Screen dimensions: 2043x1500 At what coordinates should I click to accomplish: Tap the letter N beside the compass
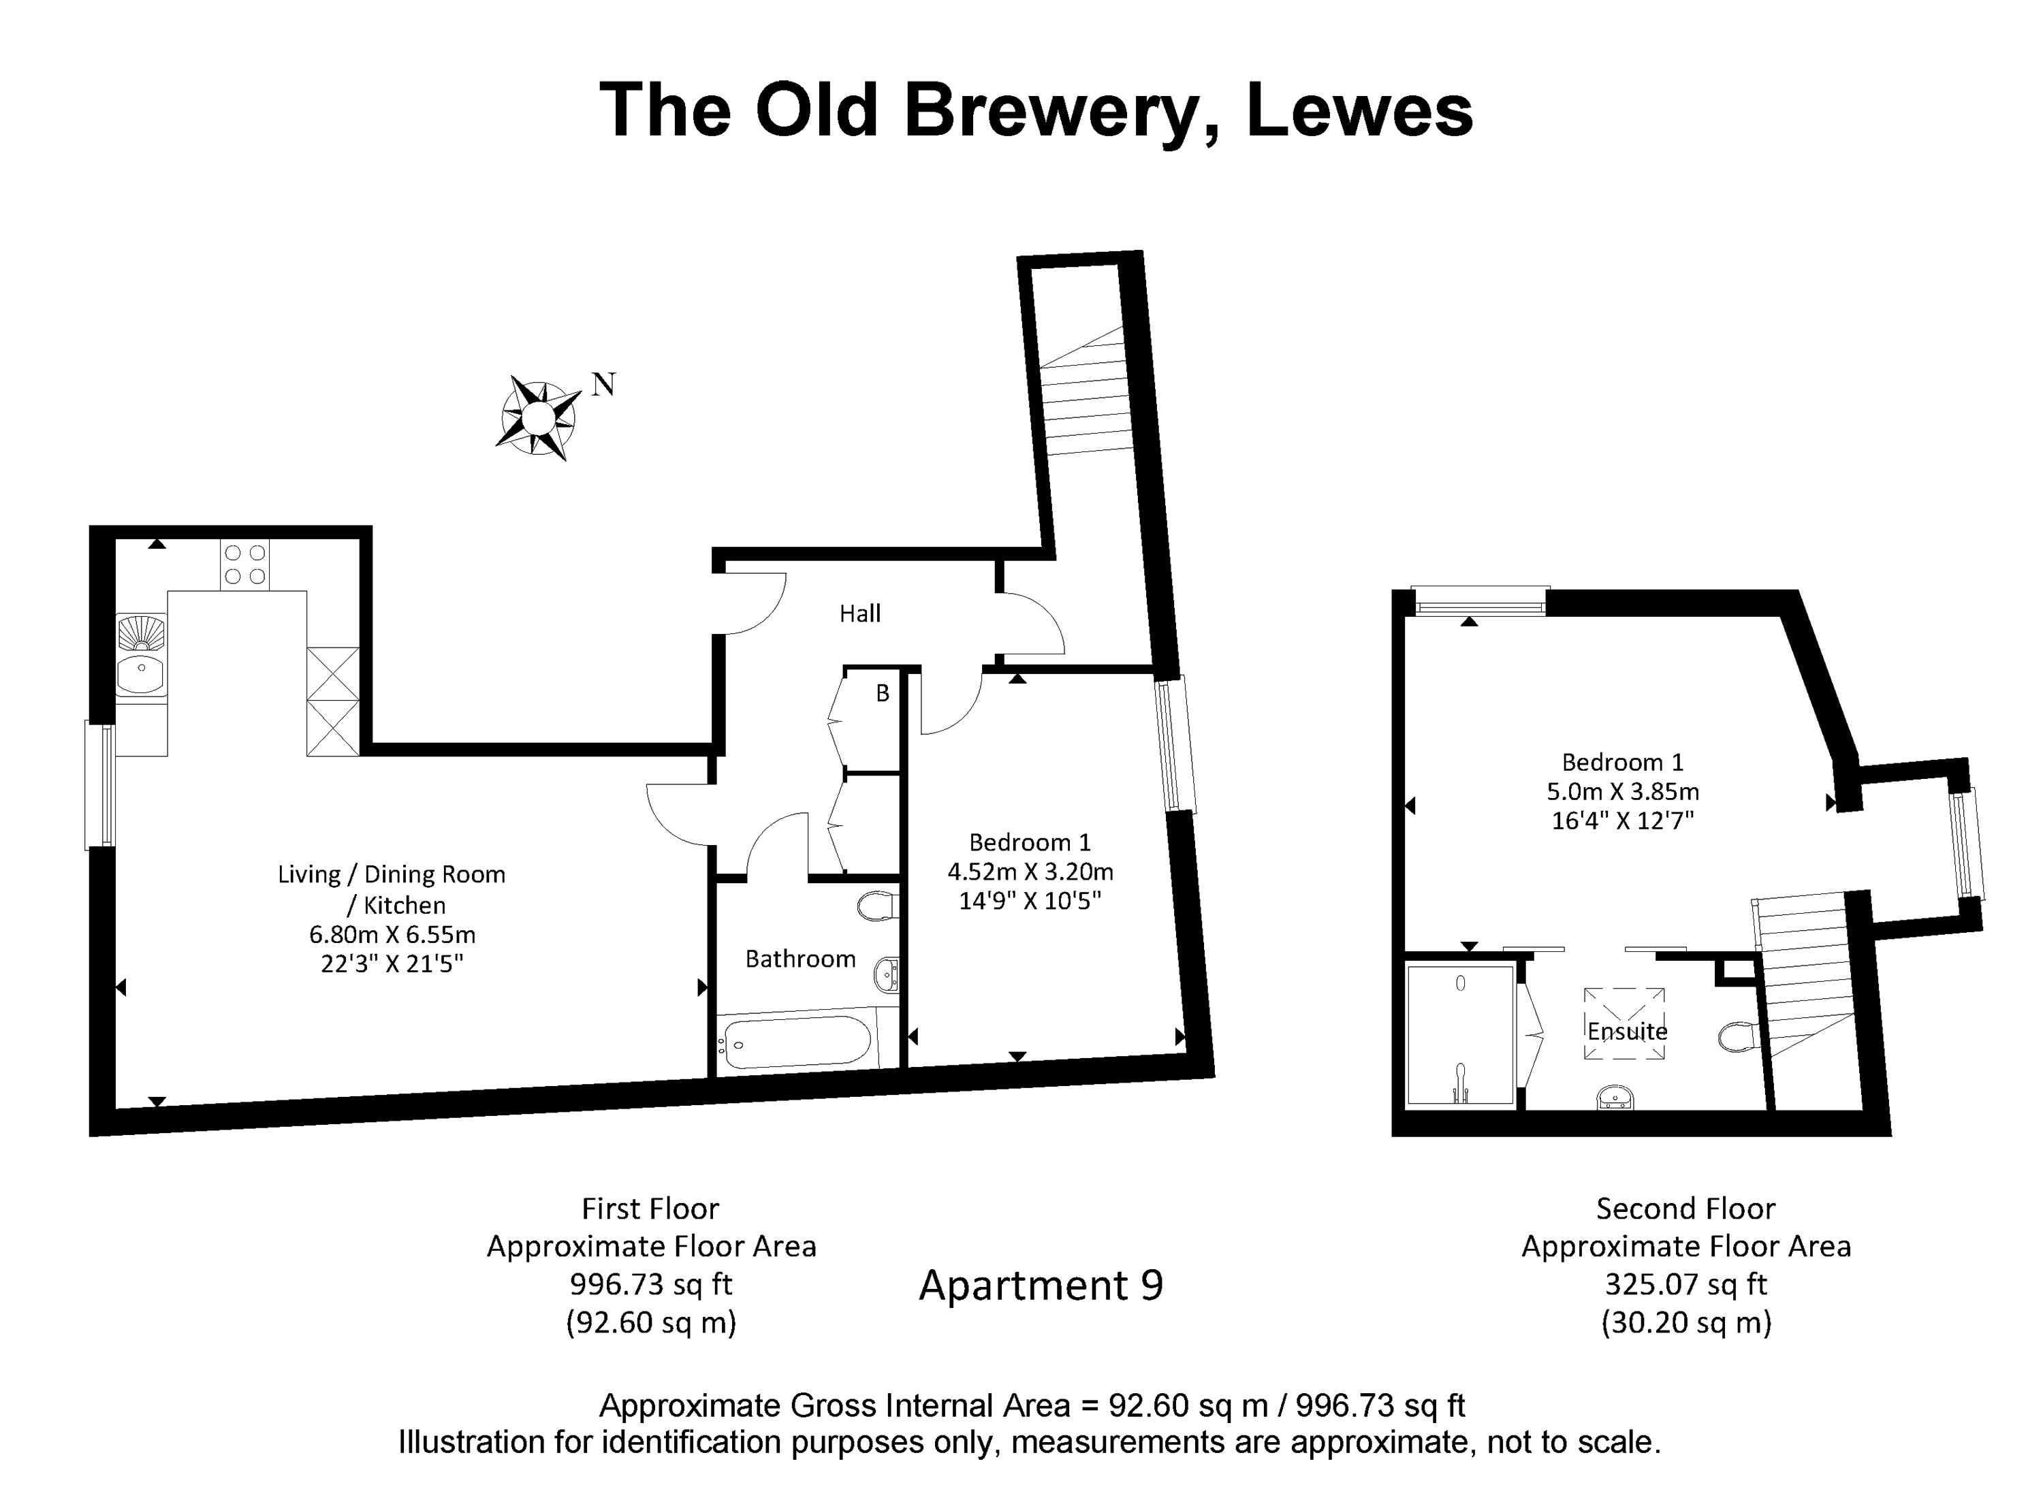(x=604, y=385)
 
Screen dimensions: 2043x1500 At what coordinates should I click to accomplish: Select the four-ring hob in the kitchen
(x=245, y=564)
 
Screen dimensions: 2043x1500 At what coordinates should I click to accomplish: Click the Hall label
(x=859, y=613)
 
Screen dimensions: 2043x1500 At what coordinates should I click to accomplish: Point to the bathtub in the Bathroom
(x=796, y=1042)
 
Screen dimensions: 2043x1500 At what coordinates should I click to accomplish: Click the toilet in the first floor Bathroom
(x=877, y=906)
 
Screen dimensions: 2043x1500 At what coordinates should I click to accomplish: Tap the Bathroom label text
(x=800, y=959)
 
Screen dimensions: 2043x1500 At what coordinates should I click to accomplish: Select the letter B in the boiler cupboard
(x=882, y=694)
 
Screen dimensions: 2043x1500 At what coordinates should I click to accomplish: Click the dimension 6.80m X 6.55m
(x=392, y=934)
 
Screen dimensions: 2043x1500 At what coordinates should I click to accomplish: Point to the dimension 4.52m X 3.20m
(x=1030, y=872)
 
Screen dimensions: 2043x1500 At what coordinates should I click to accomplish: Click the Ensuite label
(x=1627, y=1032)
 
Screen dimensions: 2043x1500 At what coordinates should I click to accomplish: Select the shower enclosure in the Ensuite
(x=1460, y=1037)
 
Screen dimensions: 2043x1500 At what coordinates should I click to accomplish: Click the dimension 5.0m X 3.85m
(x=1623, y=791)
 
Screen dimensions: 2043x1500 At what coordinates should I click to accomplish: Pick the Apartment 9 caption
(x=1041, y=1285)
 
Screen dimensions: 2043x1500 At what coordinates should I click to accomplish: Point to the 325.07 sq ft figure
(x=1685, y=1284)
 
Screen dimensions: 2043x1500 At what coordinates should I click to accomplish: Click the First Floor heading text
(x=650, y=1209)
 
